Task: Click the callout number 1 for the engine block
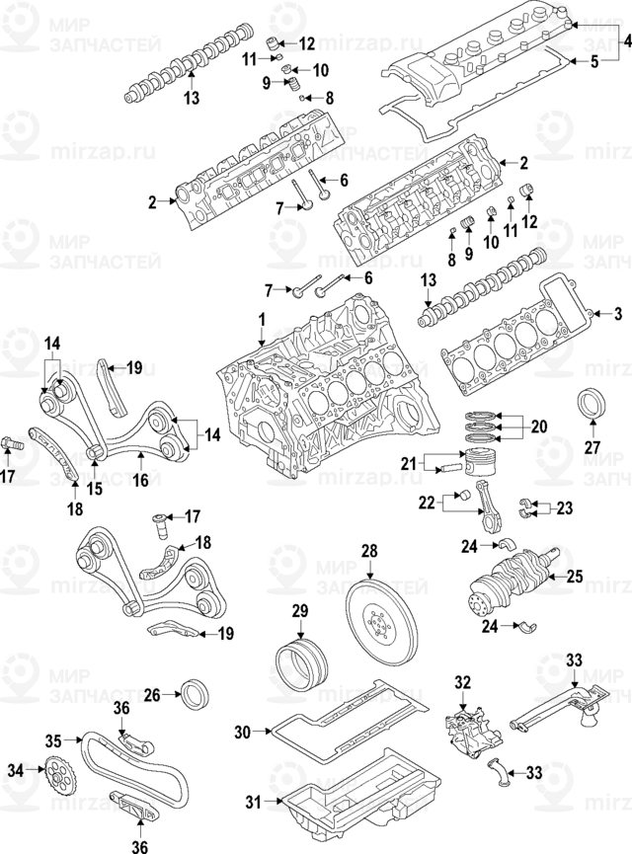pyautogui.click(x=263, y=319)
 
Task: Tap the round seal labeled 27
pyautogui.click(x=592, y=407)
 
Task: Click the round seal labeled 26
pyautogui.click(x=194, y=693)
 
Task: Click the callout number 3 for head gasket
pyautogui.click(x=619, y=314)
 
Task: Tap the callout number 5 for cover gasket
pyautogui.click(x=594, y=62)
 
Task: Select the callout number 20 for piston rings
pyautogui.click(x=538, y=427)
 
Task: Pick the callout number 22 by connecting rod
pyautogui.click(x=426, y=504)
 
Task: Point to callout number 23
pyautogui.click(x=563, y=509)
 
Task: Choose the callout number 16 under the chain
pyautogui.click(x=141, y=482)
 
